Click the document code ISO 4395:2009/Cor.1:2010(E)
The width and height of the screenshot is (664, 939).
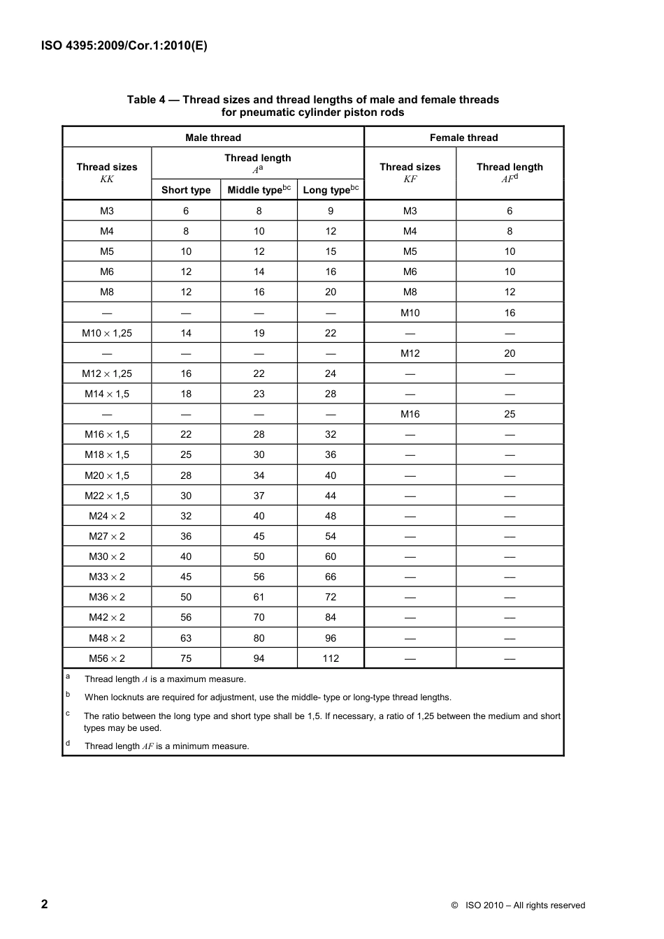124,46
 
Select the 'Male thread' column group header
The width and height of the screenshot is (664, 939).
213,138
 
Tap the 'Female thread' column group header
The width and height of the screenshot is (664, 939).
463,138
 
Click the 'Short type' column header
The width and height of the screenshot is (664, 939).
186,190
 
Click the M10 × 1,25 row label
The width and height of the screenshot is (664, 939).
107,333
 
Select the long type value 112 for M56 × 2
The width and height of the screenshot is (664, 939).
331,658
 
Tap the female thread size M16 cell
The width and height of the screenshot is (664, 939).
410,414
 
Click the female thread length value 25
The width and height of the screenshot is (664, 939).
510,414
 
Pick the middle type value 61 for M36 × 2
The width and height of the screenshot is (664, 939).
259,597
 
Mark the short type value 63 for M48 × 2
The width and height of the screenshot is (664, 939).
186,638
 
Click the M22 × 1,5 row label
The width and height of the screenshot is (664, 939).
107,496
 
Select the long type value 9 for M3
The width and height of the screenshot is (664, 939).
331,211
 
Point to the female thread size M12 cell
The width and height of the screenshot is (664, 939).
410,353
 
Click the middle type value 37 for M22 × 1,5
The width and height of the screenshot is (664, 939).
259,496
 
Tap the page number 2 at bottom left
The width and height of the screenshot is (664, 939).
45,904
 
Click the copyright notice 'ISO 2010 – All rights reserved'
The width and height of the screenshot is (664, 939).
525,905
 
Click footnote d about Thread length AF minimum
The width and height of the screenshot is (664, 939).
166,746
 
